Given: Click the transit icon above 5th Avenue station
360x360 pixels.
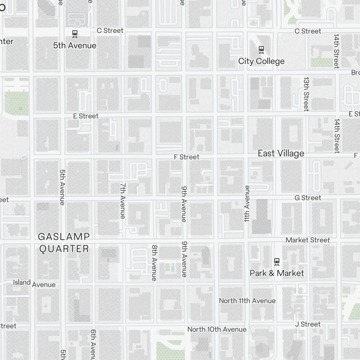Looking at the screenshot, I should pyautogui.click(x=75, y=34).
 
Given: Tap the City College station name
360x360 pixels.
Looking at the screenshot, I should pyautogui.click(x=261, y=61).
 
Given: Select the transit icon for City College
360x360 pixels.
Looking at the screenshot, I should pyautogui.click(x=261, y=49).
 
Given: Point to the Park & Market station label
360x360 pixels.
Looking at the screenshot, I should pyautogui.click(x=277, y=273).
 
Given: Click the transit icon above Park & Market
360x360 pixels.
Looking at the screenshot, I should pyautogui.click(x=277, y=261).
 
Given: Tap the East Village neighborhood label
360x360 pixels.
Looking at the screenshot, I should pyautogui.click(x=281, y=153).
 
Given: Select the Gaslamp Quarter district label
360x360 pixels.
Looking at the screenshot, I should pyautogui.click(x=64, y=243).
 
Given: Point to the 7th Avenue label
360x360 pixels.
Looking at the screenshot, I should pyautogui.click(x=123, y=201).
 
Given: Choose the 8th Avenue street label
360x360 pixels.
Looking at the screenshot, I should pyautogui.click(x=154, y=263).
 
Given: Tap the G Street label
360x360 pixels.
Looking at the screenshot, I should pyautogui.click(x=307, y=198).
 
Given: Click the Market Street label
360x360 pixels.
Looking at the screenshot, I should pyautogui.click(x=307, y=240).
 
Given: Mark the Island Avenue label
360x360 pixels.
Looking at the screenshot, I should pyautogui.click(x=35, y=283).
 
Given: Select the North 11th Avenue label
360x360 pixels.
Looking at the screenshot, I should pyautogui.click(x=247, y=301).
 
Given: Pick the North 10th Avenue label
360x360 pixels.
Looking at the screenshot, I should pyautogui.click(x=217, y=329).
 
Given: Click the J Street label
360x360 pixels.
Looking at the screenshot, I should pyautogui.click(x=307, y=324).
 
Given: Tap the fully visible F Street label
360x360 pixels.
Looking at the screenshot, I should pyautogui.click(x=186, y=157).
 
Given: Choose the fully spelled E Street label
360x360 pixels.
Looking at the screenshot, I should pyautogui.click(x=86, y=116).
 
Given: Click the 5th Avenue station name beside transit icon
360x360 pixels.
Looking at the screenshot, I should pyautogui.click(x=75, y=46).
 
